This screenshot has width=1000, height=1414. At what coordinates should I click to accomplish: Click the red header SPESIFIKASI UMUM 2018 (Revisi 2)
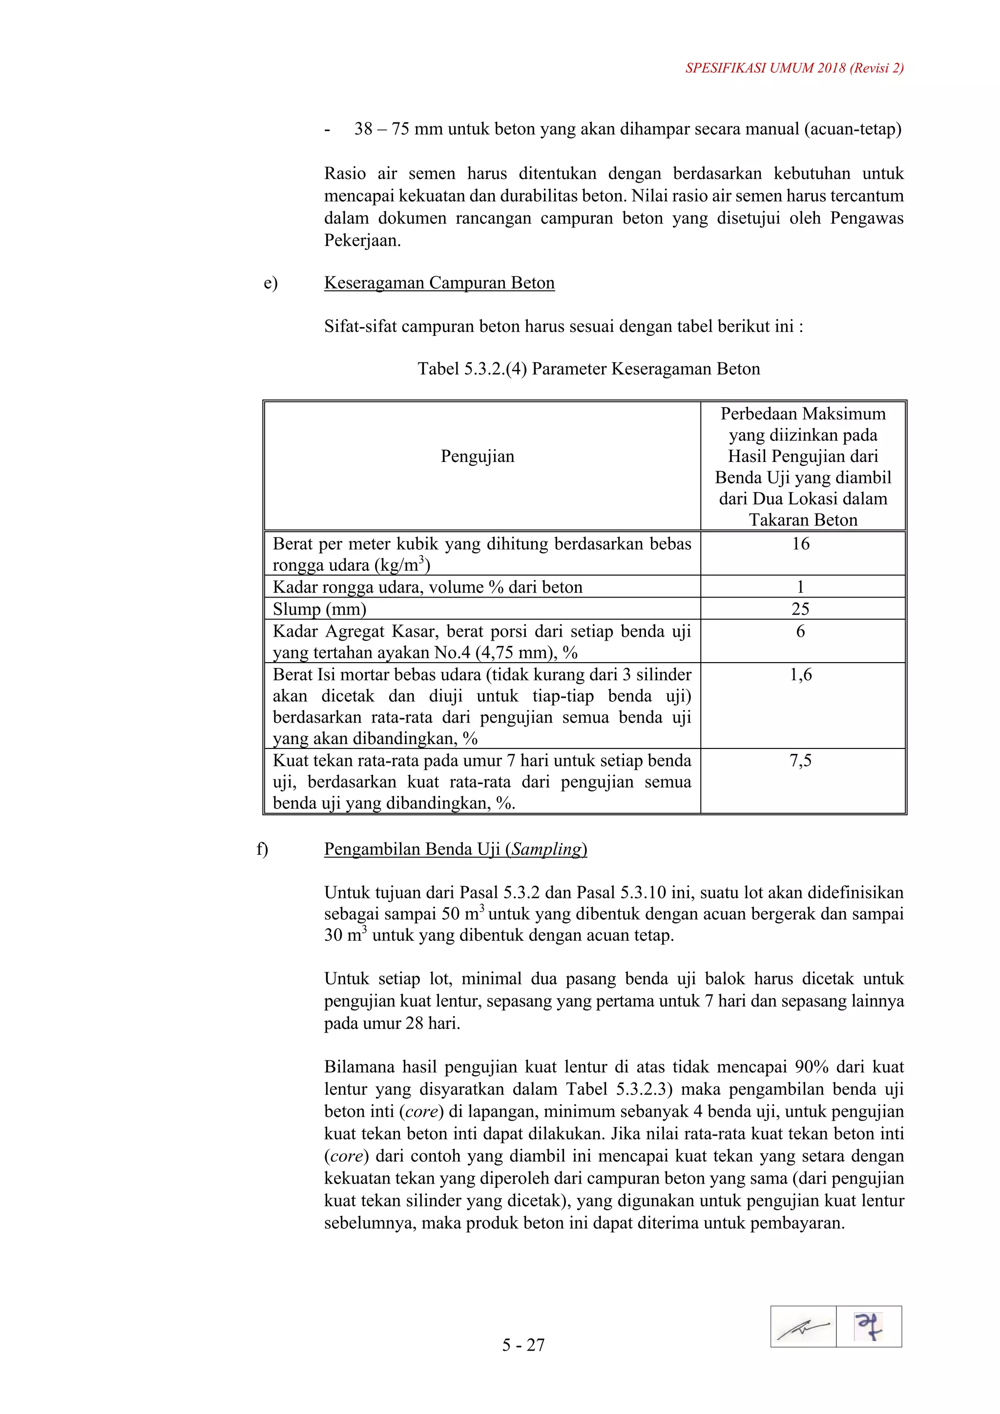(x=794, y=68)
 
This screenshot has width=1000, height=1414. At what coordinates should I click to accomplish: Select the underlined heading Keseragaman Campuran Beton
(x=439, y=283)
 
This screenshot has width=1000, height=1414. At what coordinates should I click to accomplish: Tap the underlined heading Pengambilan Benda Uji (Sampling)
(x=455, y=849)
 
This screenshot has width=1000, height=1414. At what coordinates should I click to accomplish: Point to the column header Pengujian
(x=477, y=457)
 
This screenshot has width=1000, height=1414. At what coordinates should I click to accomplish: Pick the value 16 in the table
(x=800, y=544)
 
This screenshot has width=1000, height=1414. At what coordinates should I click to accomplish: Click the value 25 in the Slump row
(x=800, y=609)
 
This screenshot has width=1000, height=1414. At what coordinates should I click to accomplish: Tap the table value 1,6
(x=800, y=675)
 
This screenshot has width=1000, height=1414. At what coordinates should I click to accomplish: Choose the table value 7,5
(x=800, y=761)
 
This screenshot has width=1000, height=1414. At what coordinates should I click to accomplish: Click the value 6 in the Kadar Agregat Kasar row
(x=800, y=631)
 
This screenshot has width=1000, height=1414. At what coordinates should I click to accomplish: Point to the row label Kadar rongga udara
(x=347, y=587)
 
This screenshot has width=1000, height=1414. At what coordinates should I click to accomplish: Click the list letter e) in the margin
(x=271, y=283)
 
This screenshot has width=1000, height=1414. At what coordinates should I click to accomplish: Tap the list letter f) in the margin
(x=262, y=849)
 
